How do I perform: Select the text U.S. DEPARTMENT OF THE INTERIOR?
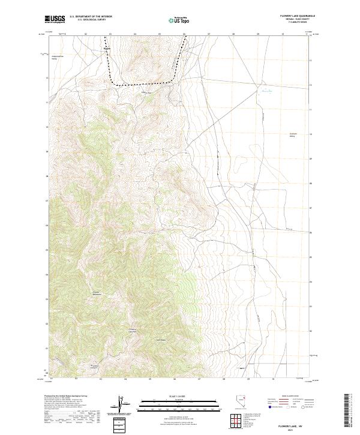pos(91,16)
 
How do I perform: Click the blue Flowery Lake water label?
pos(266,92)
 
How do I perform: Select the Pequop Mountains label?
pos(95,293)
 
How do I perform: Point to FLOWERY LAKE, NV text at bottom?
pos(292,425)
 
